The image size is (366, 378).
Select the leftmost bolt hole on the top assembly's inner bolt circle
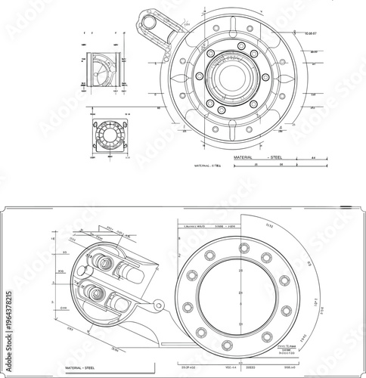pyautogui.click(x=199, y=77)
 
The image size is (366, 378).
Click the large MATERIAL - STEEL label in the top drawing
pyautogui.click(x=259, y=156)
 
